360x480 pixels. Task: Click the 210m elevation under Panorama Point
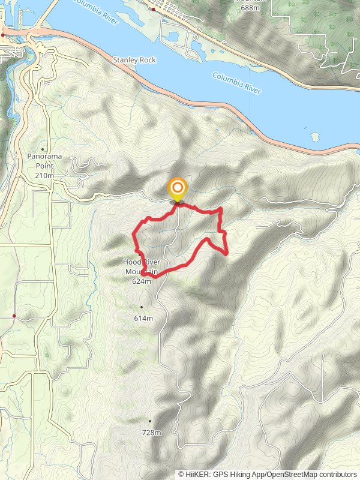coord(44,175)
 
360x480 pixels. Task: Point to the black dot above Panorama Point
coord(44,149)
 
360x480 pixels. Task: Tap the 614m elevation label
coord(143,318)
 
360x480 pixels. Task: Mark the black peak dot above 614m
coord(142,307)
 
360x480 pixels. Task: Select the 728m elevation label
coord(151,432)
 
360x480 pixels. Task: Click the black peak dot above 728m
coord(149,421)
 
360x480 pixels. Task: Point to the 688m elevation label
coord(249,7)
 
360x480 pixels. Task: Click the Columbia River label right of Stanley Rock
coord(237,83)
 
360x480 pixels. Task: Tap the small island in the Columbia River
coord(314,135)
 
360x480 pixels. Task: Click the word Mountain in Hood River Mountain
coord(142,272)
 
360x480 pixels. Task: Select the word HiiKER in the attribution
coord(199,474)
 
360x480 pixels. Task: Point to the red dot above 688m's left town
coord(153,9)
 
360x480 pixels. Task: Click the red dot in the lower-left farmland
coord(14,315)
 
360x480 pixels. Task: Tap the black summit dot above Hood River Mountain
coord(140,255)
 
